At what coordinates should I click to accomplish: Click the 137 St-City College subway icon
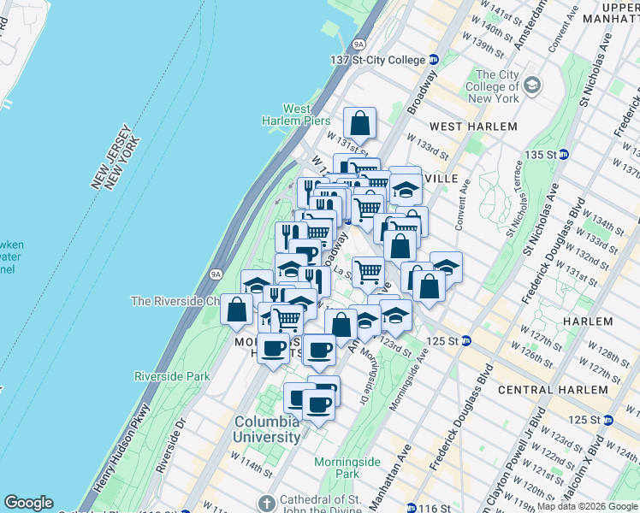pyautogui.click(x=433, y=60)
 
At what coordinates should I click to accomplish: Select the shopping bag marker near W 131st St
pyautogui.click(x=360, y=123)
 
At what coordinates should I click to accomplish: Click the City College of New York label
pyautogui.click(x=497, y=86)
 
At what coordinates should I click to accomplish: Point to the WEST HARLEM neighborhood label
pyautogui.click(x=473, y=127)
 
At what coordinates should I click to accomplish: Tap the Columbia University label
pyautogui.click(x=269, y=429)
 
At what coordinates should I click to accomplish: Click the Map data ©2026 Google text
pyautogui.click(x=587, y=506)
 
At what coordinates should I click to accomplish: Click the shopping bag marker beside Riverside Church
pyautogui.click(x=236, y=309)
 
